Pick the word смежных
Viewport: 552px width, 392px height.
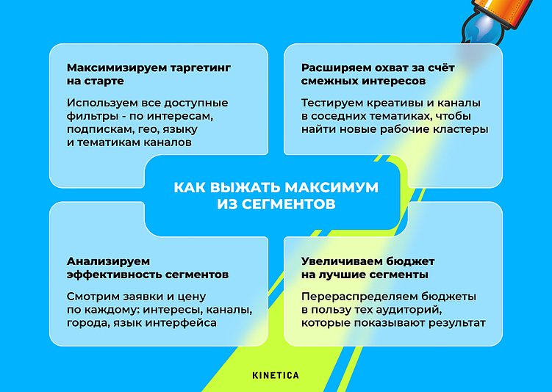tap(328, 81)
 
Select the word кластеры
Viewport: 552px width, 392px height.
tap(462, 130)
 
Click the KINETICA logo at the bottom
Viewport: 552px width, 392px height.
tap(276, 375)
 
